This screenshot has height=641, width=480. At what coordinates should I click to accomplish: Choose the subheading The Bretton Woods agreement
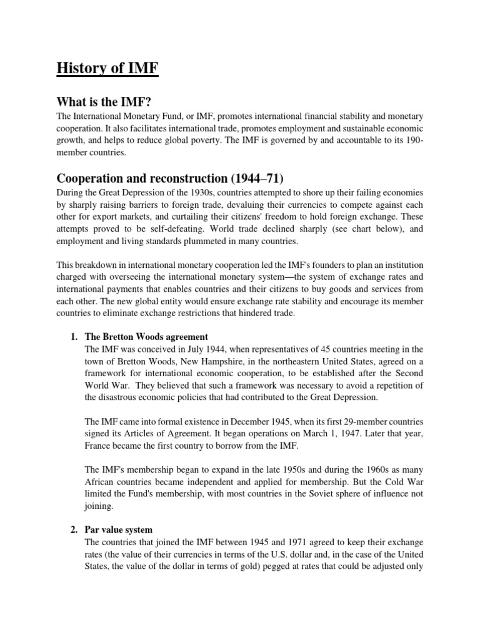pyautogui.click(x=146, y=336)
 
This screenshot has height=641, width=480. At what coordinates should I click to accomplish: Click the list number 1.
pyautogui.click(x=72, y=336)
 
